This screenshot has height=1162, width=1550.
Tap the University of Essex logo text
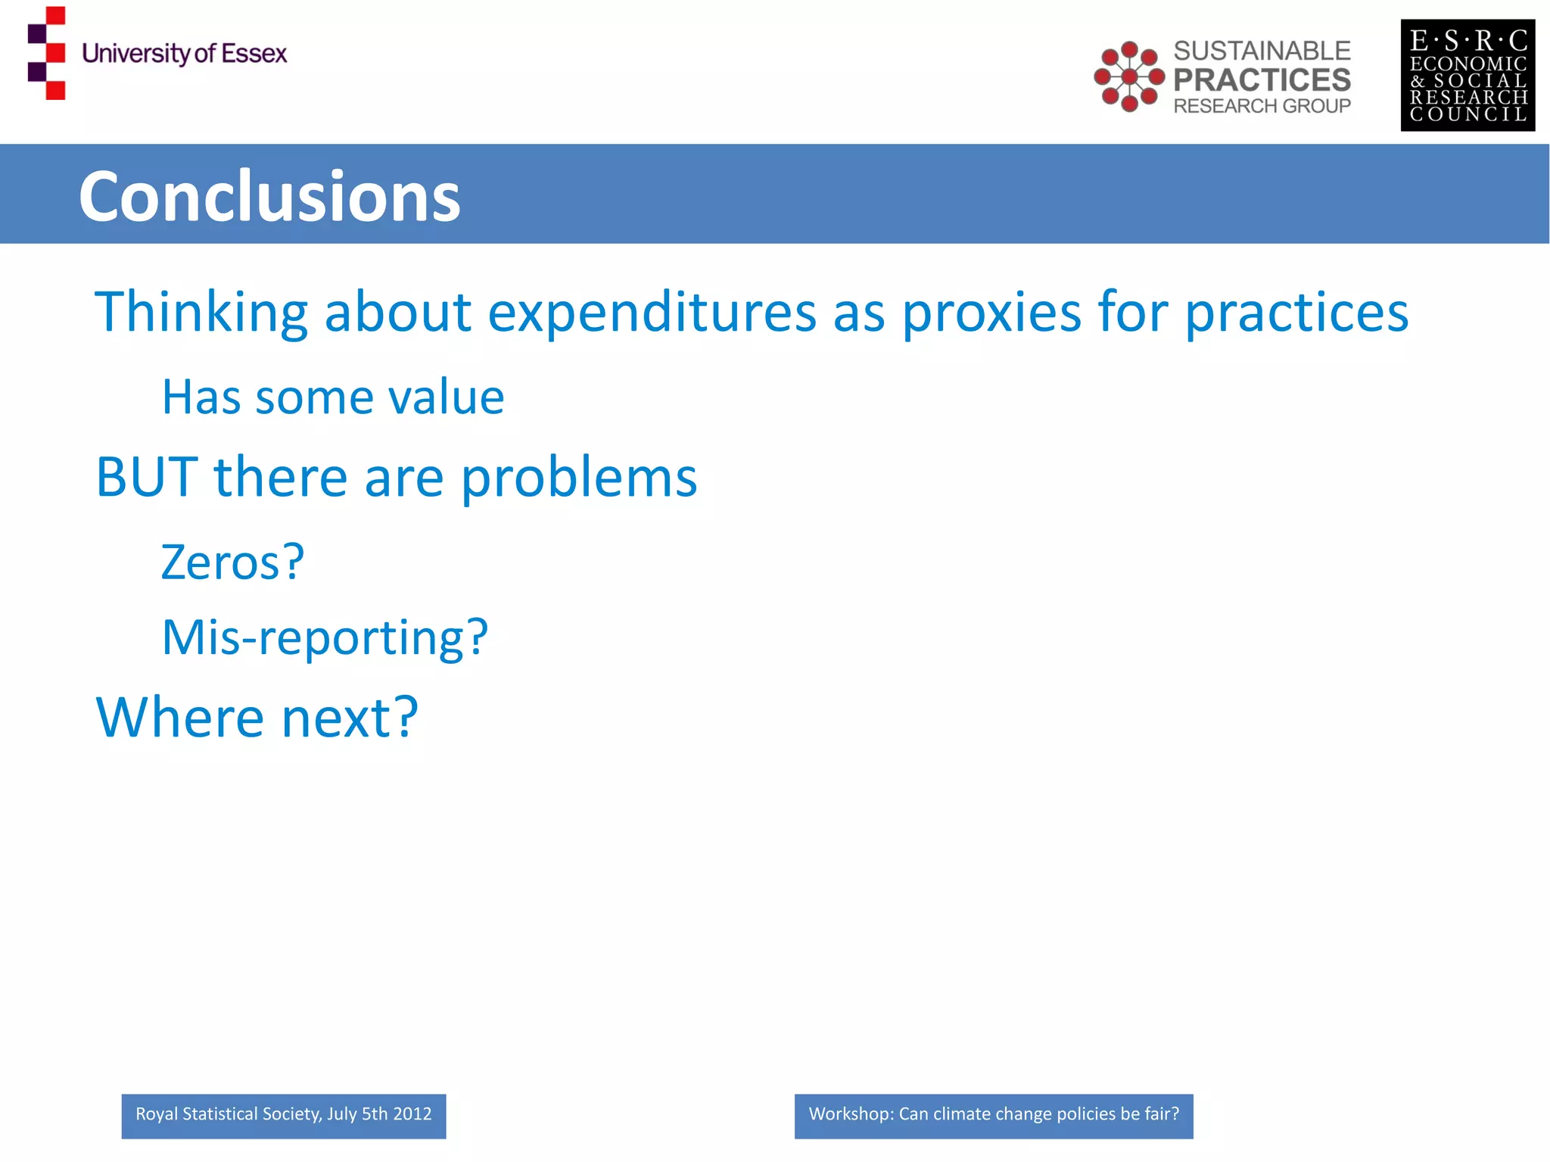pyautogui.click(x=184, y=54)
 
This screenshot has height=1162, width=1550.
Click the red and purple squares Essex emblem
pyautogui.click(x=47, y=53)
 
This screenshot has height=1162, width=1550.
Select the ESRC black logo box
pyautogui.click(x=1467, y=75)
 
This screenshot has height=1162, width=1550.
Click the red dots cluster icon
pyautogui.click(x=1128, y=76)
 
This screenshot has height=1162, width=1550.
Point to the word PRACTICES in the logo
pyautogui.click(x=1262, y=79)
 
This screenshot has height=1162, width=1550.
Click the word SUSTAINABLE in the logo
pyautogui.click(x=1262, y=51)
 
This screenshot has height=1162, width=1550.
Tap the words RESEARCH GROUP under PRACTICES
pyautogui.click(x=1262, y=106)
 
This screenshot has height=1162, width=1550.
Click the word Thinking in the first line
pyautogui.click(x=201, y=312)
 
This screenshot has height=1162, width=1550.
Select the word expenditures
pyautogui.click(x=652, y=312)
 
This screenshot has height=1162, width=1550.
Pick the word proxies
pyautogui.click(x=991, y=312)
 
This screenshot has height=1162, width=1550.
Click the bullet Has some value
pyautogui.click(x=333, y=397)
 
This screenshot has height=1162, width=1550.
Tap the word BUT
pyautogui.click(x=147, y=478)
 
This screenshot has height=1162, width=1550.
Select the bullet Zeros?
pyautogui.click(x=232, y=562)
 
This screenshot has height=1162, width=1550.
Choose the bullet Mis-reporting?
pyautogui.click(x=325, y=637)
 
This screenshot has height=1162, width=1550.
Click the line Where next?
pyautogui.click(x=257, y=718)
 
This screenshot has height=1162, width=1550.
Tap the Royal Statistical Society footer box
pyautogui.click(x=283, y=1115)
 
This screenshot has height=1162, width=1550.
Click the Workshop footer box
pyautogui.click(x=993, y=1115)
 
